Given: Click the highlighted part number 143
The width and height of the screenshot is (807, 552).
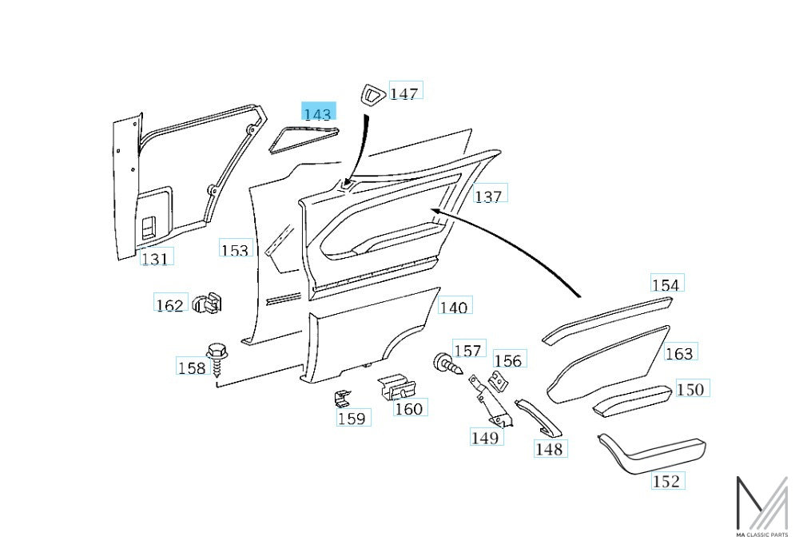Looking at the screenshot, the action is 319,111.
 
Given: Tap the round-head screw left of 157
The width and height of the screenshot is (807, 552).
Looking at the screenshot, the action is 447,363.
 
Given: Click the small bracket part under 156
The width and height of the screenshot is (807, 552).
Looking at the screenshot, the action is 498,381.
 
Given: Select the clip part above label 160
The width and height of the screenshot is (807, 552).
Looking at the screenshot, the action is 396,387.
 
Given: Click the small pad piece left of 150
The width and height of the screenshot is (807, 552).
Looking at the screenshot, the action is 632,399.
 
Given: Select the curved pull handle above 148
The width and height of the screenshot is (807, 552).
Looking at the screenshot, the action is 539,417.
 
